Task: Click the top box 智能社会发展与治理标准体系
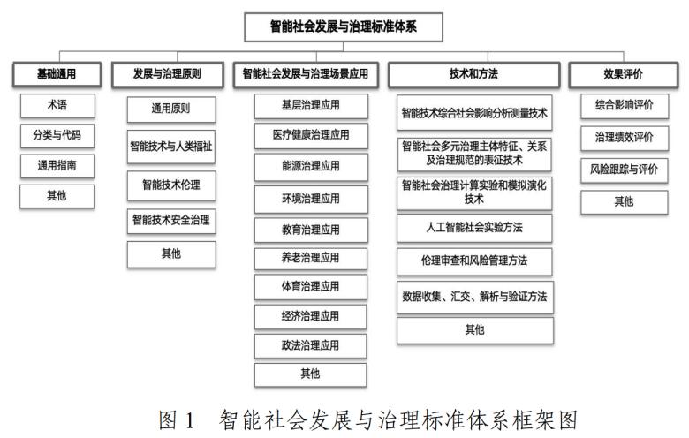344,27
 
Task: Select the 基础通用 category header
57,74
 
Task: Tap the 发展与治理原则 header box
168,74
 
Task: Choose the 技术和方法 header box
473,74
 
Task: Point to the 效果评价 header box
623,74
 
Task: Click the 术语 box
57,105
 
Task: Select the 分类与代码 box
57,136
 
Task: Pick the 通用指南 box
57,166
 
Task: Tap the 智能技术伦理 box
171,185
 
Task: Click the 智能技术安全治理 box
171,221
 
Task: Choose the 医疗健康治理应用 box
311,135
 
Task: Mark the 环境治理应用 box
311,199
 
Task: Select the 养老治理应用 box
311,259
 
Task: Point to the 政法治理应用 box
310,346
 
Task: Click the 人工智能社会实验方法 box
474,228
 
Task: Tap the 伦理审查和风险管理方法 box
474,261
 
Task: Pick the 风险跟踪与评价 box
624,170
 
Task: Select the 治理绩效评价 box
625,138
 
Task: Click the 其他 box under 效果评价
624,202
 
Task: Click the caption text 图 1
177,420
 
